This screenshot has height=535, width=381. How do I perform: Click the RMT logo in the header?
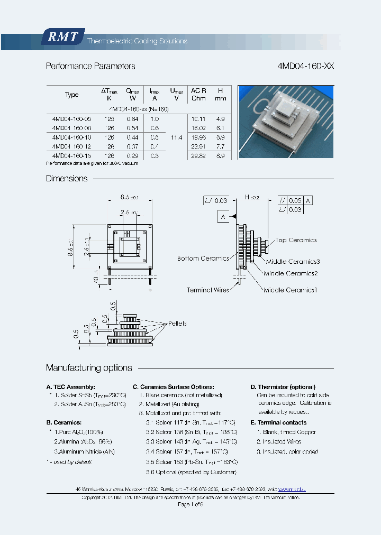coord(63,37)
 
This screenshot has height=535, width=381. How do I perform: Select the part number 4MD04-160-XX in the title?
coord(305,67)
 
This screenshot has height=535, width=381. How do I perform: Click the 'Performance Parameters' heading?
coord(90,67)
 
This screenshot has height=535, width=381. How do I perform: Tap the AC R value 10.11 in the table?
coord(198,119)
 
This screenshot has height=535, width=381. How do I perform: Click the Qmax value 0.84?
coord(132,119)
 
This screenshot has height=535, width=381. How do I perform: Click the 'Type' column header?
coord(72,95)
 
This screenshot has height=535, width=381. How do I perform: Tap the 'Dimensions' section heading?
coord(67,179)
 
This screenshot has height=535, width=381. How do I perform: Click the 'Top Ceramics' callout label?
coord(296,240)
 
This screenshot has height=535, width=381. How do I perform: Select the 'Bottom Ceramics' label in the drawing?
coord(203,259)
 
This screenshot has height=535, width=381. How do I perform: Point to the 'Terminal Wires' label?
coord(208,290)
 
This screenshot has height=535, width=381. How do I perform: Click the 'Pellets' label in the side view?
coord(177,324)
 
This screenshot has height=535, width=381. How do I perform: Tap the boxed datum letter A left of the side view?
coord(223,217)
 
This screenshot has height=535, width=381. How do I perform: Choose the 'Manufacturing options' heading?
coord(89,368)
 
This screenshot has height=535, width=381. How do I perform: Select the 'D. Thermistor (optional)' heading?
coord(283,387)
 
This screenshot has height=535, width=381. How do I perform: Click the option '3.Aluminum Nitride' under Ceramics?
coord(84,451)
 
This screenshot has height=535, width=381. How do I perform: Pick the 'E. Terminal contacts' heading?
coord(278,422)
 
